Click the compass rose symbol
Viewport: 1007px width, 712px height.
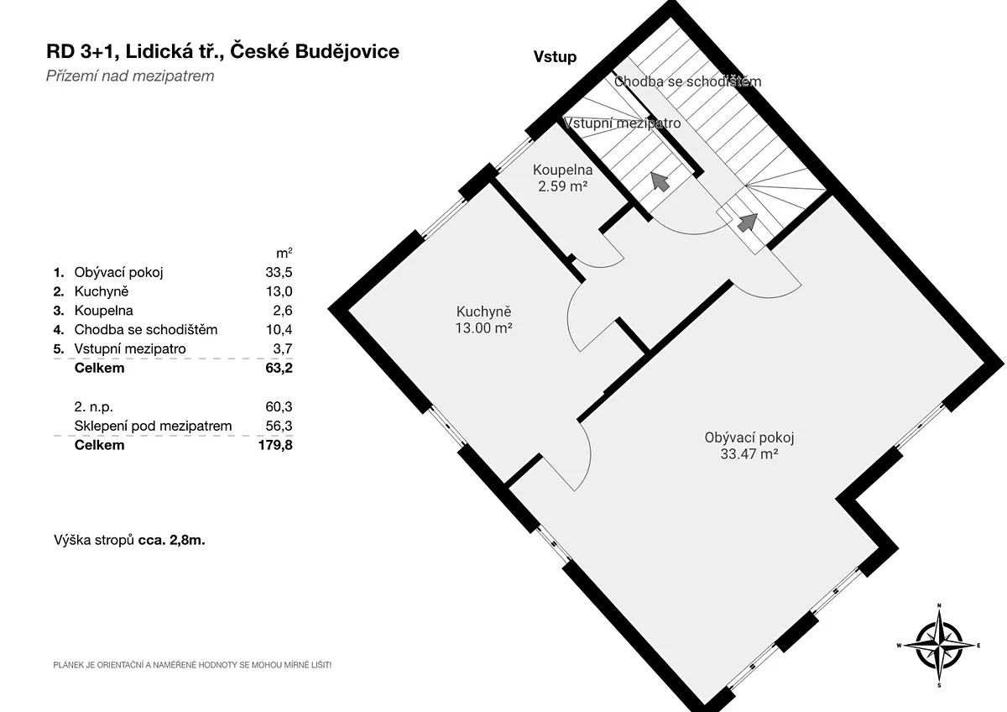tap(939, 645)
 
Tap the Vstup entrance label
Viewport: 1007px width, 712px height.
tap(555, 57)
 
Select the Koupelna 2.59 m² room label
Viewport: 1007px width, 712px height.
tap(562, 178)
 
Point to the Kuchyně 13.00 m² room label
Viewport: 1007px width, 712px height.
tap(483, 320)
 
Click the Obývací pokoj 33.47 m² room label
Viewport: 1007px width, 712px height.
tap(749, 446)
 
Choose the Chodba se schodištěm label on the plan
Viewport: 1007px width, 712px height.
tap(688, 81)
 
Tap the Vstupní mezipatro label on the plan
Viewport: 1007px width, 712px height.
tap(622, 123)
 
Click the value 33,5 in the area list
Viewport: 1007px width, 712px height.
tap(279, 272)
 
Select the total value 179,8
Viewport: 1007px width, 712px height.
tap(275, 445)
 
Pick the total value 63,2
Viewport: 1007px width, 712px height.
tap(279, 368)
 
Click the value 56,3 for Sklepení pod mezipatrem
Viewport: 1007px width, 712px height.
tap(279, 426)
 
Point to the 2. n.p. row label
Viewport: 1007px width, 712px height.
tap(93, 406)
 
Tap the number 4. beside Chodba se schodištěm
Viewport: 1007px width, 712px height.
tap(59, 330)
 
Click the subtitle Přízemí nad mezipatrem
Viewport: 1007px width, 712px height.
tap(130, 76)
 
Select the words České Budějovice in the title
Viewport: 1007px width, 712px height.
tap(315, 51)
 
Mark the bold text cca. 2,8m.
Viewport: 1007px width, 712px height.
tap(172, 540)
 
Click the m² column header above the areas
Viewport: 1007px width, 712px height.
tap(284, 254)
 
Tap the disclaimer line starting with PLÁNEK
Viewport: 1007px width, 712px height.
tap(192, 665)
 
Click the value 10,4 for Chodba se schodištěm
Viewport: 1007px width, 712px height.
tap(279, 330)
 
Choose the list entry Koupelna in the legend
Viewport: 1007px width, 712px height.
tap(104, 311)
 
